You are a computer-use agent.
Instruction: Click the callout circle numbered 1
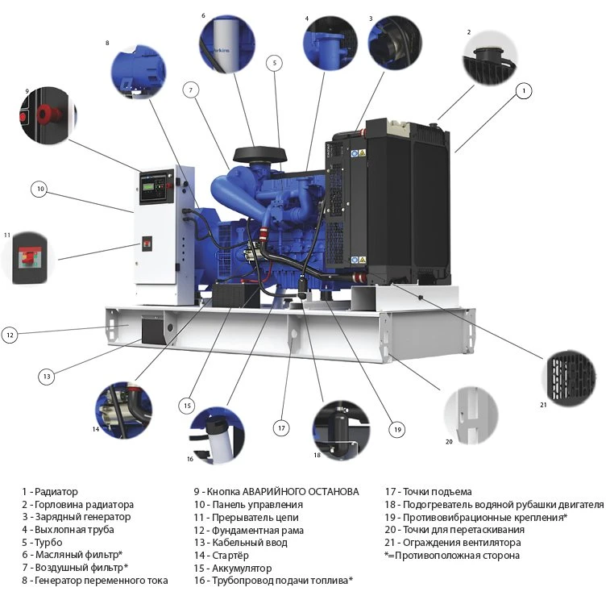524,91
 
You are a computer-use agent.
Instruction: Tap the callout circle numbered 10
40,190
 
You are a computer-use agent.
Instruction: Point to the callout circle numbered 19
396,430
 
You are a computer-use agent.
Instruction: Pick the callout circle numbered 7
191,90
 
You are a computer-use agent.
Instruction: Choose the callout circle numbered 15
187,405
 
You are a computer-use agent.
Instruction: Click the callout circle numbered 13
47,375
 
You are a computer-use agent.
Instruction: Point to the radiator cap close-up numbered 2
488,61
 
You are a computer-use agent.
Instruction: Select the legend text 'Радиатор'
55,491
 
